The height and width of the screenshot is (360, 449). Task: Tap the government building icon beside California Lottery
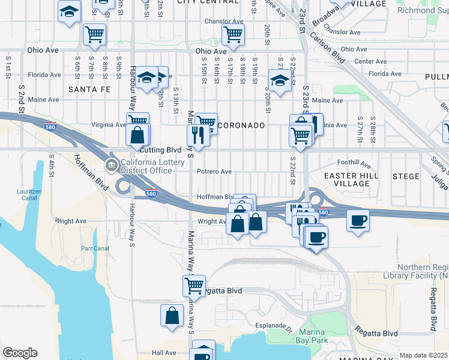pos(111,166)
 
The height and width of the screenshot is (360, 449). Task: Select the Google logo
pos(20,353)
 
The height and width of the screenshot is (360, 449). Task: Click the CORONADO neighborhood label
pos(240,125)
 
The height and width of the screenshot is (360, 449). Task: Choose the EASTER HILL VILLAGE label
pos(352,180)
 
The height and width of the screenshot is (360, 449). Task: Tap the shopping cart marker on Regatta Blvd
pos(194,285)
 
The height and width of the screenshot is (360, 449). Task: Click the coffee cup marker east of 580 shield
pos(358,220)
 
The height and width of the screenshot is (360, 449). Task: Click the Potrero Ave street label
pos(214,171)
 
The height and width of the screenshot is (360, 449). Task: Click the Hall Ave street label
pos(163,353)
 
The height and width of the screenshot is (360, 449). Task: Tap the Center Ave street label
pos(370,61)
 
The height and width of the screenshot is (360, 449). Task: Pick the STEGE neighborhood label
pos(406,176)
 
